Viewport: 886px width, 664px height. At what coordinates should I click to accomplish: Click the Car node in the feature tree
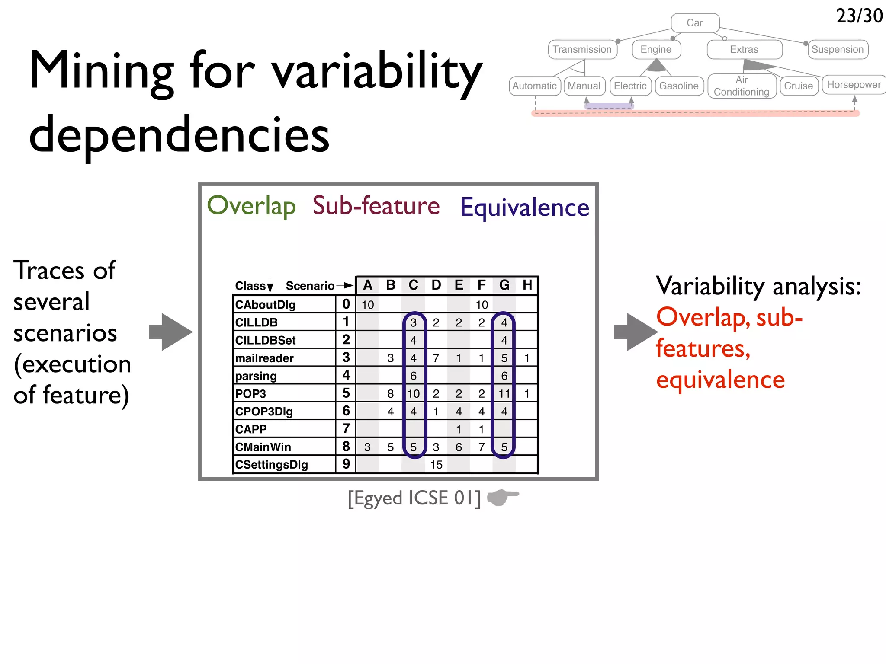[x=695, y=23]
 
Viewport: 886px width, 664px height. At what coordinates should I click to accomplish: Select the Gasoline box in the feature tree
[x=679, y=86]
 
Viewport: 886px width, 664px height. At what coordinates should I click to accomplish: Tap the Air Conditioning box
[x=742, y=86]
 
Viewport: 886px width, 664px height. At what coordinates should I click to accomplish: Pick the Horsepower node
[x=854, y=85]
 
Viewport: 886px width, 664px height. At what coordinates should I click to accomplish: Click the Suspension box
[x=838, y=50]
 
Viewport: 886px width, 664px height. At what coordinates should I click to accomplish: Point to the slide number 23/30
[x=859, y=16]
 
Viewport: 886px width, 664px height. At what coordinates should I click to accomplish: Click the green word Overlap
[x=251, y=206]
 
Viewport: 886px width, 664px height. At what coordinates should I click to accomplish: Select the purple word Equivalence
[x=524, y=207]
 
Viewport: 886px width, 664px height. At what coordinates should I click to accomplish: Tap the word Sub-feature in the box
[x=376, y=206]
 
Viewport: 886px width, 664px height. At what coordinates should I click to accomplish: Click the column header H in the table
[x=527, y=285]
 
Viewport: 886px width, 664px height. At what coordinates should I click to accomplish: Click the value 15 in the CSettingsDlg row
[x=436, y=465]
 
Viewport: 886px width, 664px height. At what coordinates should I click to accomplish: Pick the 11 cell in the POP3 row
[x=504, y=394]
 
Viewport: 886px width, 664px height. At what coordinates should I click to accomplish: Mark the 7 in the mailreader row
[x=436, y=358]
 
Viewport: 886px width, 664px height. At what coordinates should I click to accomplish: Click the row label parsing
[x=256, y=376]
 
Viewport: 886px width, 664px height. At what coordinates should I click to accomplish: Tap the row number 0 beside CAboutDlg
[x=346, y=304]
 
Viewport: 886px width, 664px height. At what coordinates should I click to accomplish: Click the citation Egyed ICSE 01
[x=414, y=498]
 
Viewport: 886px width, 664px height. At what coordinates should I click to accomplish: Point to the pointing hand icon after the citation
[x=503, y=497]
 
